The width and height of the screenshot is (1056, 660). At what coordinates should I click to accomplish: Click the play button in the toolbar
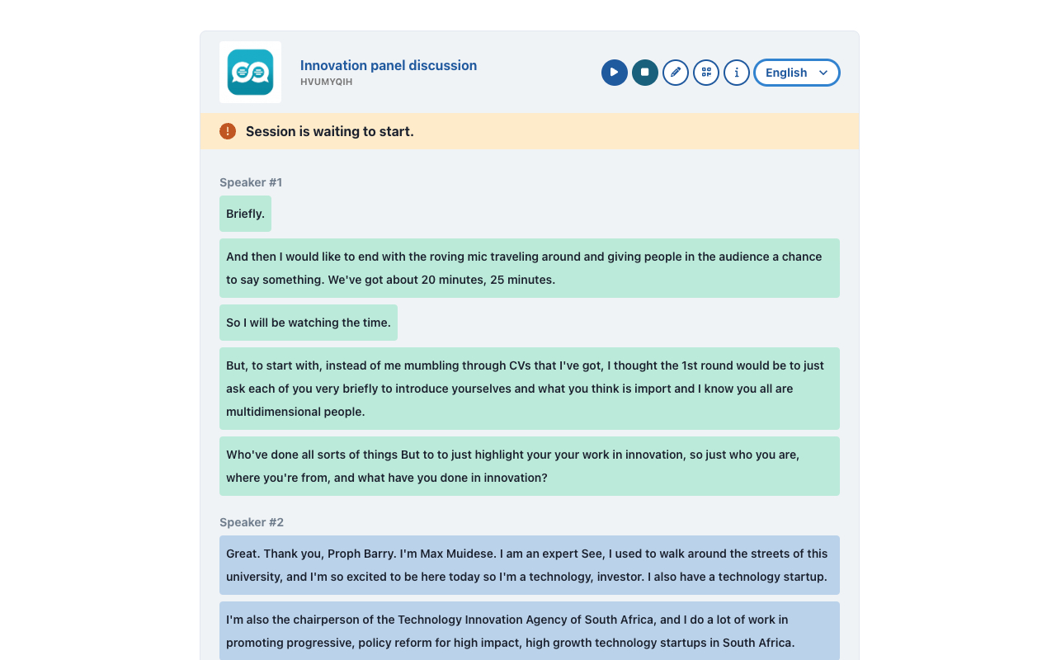point(615,73)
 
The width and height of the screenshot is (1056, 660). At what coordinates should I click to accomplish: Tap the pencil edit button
point(676,73)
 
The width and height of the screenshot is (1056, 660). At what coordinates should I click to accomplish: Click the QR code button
point(706,73)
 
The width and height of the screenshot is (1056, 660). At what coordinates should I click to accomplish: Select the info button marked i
point(737,73)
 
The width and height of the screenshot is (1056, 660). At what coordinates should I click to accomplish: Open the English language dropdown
point(797,73)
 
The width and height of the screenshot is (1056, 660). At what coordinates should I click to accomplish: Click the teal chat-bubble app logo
point(250,73)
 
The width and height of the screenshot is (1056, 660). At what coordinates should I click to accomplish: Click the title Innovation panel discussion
point(389,65)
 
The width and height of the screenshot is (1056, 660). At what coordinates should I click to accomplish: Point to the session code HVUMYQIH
point(327,82)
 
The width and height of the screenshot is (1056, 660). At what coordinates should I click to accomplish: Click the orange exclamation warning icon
point(228,131)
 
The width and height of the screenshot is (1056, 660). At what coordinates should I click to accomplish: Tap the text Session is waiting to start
point(330,131)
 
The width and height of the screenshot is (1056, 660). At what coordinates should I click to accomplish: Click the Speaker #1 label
point(251,182)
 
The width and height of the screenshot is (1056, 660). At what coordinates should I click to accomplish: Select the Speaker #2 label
point(252,522)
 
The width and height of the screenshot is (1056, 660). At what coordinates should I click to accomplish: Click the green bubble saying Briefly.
point(245,214)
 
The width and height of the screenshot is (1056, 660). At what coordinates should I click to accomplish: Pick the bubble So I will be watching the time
point(309,323)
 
